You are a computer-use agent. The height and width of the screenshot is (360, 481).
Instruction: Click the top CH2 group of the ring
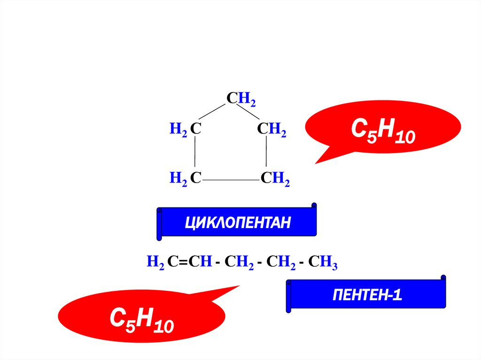[241, 99]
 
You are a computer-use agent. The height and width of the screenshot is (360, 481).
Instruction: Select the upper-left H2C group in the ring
[186, 130]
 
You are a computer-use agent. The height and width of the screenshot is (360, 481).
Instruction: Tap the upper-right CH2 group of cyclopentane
[272, 130]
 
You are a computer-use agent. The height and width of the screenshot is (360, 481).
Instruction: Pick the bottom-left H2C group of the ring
[186, 178]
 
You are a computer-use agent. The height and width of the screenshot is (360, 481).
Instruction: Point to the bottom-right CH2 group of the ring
[275, 178]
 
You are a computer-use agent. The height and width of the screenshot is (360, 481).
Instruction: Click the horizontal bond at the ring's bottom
[231, 180]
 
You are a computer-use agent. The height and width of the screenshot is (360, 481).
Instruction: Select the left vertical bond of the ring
[195, 154]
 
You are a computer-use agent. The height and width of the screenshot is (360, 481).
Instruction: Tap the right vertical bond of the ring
[266, 154]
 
